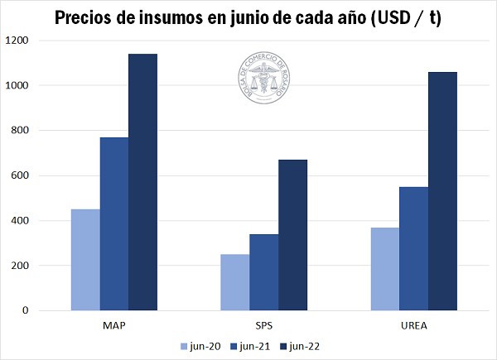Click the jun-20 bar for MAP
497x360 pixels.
[85, 260]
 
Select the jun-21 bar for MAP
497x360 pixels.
[114, 223]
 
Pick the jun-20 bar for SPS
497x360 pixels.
[234, 282]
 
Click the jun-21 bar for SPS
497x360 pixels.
[263, 272]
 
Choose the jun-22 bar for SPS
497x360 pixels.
[292, 235]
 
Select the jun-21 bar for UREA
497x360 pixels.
[413, 248]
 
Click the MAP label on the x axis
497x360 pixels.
[114, 325]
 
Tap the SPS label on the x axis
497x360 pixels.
[263, 325]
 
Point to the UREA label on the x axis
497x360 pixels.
[413, 325]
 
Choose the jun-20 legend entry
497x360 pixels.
[199, 346]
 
